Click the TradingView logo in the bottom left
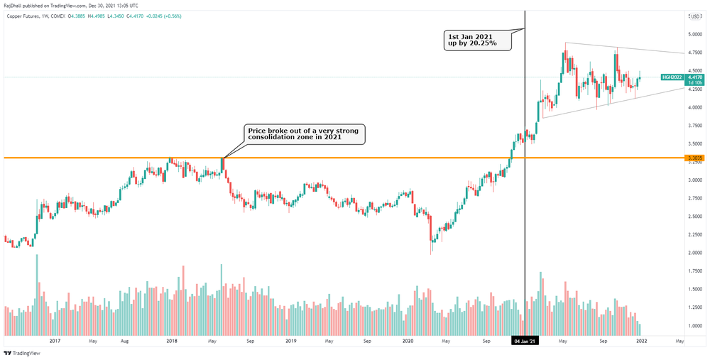24,352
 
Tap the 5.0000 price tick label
694,34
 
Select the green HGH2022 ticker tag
671,77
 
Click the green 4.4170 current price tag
694,77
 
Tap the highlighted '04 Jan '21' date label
525,342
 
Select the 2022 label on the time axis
641,342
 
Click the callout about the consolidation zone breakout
305,133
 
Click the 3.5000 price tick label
694,143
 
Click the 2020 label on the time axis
408,342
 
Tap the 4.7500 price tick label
694,53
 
